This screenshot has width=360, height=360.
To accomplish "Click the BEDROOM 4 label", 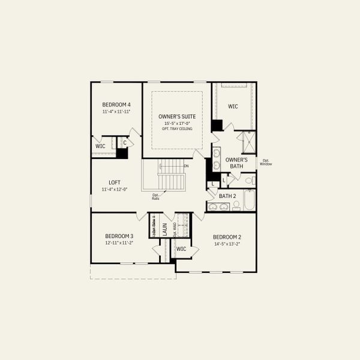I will tap(116, 104).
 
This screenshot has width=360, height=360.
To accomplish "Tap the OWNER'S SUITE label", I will tap(176, 116).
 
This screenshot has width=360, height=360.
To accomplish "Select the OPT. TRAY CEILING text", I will tap(176, 128).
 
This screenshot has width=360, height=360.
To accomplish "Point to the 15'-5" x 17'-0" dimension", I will tap(176, 123).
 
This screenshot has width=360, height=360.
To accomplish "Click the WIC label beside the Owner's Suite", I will tap(233, 106).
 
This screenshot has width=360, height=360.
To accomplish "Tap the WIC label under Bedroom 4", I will tap(100, 146).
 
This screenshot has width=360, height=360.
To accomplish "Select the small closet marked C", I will tap(124, 143).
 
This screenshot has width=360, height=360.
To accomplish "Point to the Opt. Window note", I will tap(266, 162).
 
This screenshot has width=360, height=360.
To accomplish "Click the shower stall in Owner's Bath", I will tap(247, 143).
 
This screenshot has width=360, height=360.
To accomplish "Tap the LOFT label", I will tap(115, 182).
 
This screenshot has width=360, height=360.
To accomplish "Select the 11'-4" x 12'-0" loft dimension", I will tap(115, 190).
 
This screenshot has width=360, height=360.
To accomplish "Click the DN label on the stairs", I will tap(186, 166).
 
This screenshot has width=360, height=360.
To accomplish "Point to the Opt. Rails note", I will tap(155, 196).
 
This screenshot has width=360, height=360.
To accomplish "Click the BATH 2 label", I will tap(227, 196).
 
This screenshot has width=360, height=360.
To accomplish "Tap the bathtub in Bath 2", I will tap(249, 199).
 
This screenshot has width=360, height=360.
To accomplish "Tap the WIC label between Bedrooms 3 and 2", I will tap(181, 248).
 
